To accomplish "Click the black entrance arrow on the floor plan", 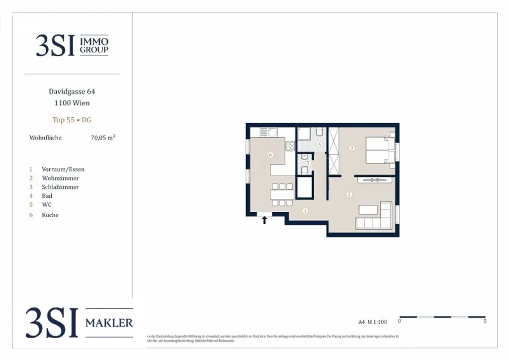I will point(264,219).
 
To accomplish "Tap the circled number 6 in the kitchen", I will point(270,155).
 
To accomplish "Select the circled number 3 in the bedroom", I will point(351,148).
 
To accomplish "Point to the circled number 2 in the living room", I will point(349,194).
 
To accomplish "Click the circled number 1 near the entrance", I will point(305,211).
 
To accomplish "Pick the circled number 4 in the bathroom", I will point(320,145).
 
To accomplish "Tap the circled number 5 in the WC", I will point(308,163).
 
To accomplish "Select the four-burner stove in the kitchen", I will point(290,146).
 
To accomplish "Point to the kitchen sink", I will point(272,132).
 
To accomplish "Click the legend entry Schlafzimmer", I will point(60,187).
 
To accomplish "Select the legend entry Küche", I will point(50,215).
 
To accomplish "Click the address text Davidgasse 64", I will point(72,91).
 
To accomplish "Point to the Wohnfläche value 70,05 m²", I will point(103,138).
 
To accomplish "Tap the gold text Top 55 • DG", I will point(72,120).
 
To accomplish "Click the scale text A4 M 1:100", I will point(372,322).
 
